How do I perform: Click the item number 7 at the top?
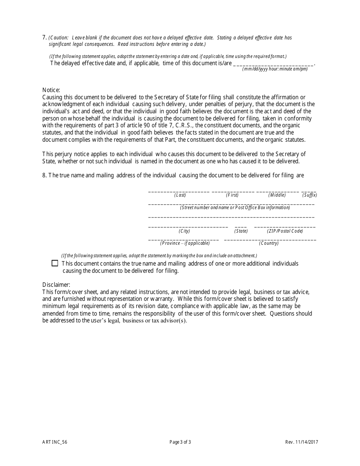(x=44, y=38)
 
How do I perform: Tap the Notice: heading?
(x=51, y=90)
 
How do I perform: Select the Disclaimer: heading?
(x=56, y=285)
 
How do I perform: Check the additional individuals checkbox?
(x=55, y=263)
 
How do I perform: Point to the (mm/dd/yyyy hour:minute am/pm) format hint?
(x=275, y=69)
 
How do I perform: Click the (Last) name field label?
(x=180, y=195)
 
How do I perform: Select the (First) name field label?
(x=232, y=195)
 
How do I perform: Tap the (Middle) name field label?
(x=277, y=195)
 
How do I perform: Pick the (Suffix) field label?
(x=310, y=195)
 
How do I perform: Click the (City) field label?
(x=185, y=231)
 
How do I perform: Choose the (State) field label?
(x=241, y=231)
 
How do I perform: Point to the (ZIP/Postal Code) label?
(x=285, y=231)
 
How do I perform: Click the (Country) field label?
(x=269, y=243)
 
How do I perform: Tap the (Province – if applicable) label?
(x=185, y=243)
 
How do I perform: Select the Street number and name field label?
(x=235, y=208)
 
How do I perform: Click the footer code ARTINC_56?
(x=55, y=442)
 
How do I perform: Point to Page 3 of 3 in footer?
(x=180, y=442)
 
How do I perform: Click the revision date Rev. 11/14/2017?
(x=305, y=442)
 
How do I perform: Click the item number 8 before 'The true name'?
(x=44, y=175)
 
